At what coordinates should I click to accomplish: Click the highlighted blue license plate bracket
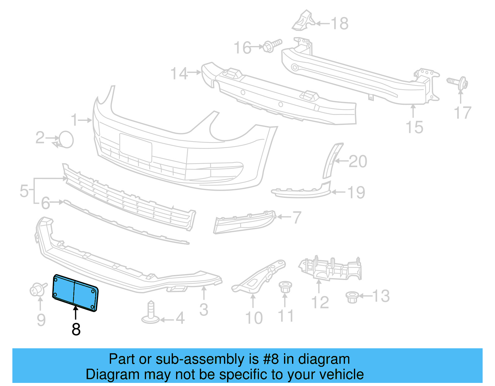(75, 292)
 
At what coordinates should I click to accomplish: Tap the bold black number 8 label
(76, 329)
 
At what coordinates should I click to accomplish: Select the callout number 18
(340, 23)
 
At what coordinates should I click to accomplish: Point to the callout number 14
(179, 74)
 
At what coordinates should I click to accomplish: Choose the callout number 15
(414, 127)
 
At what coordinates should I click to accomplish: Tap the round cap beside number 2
(66, 139)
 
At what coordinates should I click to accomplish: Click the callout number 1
(74, 120)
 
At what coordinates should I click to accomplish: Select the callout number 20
(358, 161)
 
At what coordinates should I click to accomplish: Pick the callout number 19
(356, 193)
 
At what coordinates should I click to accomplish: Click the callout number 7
(297, 217)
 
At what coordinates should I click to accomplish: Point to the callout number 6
(45, 203)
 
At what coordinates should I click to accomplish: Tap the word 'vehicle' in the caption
(341, 375)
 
